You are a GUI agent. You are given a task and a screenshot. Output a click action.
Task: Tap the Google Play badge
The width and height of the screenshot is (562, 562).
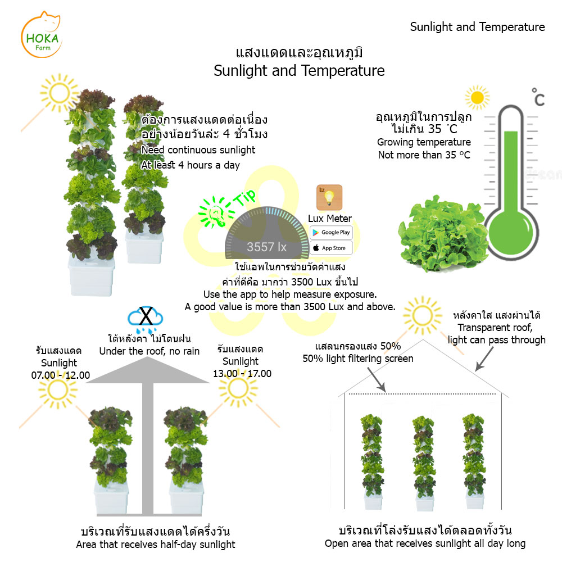[331, 232]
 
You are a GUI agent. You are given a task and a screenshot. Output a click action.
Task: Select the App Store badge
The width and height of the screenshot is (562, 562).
[331, 248]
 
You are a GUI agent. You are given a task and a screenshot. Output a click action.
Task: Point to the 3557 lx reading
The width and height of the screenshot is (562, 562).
[267, 247]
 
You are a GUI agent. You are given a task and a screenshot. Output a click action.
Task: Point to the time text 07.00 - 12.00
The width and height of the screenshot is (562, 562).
[61, 375]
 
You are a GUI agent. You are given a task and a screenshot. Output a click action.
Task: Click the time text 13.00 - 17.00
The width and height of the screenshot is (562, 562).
[242, 374]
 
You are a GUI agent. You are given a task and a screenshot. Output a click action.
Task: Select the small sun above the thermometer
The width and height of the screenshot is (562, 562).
[477, 99]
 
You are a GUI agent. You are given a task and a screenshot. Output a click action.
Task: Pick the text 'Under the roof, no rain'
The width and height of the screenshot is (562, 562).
[149, 351]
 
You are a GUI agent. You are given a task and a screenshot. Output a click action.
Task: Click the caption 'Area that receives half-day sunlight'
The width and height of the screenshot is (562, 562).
[156, 544]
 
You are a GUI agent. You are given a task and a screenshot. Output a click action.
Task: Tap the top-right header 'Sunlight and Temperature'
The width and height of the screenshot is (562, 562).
[477, 27]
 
